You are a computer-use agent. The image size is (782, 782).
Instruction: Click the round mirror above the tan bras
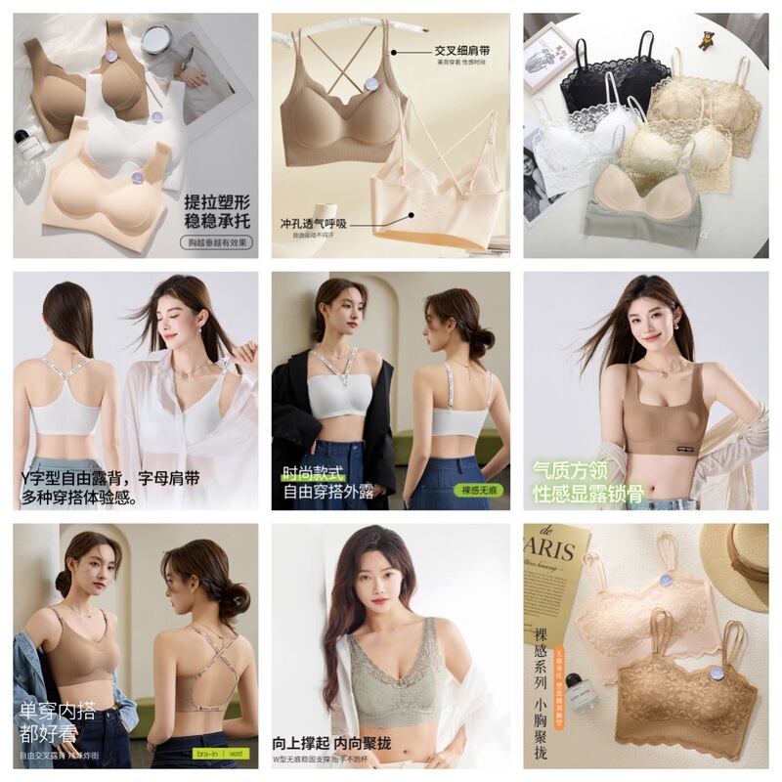coord(154,40)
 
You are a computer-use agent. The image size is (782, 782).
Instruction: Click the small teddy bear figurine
coord(705,38)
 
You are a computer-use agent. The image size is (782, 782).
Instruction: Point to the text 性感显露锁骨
coord(587,494)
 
